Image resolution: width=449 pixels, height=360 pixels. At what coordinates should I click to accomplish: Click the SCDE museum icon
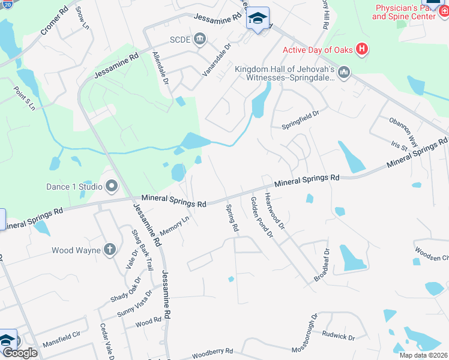(200, 40)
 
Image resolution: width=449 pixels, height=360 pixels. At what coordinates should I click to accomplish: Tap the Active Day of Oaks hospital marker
(362, 49)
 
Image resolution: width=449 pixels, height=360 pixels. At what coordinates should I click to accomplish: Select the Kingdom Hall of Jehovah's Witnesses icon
(344, 73)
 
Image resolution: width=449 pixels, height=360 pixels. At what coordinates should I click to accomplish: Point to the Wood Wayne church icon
(110, 250)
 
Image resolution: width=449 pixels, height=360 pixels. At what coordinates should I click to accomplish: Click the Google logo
(19, 353)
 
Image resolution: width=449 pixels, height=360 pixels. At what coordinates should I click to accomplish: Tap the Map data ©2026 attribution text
(423, 355)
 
